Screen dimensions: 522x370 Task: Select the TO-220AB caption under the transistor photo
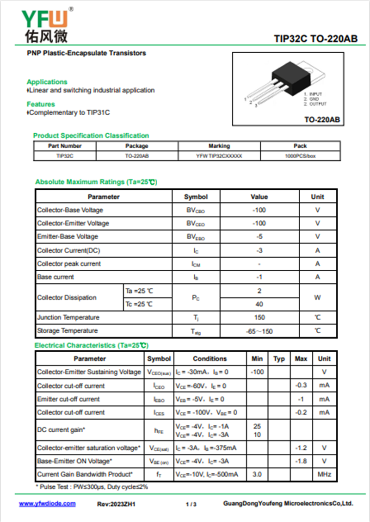point(322,120)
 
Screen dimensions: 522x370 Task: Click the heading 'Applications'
point(47,82)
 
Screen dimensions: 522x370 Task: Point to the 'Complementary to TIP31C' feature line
point(69,112)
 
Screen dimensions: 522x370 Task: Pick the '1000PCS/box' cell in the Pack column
point(300,156)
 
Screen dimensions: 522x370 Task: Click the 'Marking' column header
point(219,146)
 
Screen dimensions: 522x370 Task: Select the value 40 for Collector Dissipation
point(259,304)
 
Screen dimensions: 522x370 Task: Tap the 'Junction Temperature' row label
point(68,317)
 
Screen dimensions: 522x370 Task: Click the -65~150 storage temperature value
point(259,331)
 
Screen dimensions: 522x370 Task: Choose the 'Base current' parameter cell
point(55,277)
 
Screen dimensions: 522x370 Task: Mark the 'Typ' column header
point(279,359)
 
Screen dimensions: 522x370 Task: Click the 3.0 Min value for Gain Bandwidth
point(257,474)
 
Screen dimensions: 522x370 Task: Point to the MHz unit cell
point(324,474)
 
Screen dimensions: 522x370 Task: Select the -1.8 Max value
point(301,461)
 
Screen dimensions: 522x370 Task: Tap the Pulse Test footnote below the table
point(92,487)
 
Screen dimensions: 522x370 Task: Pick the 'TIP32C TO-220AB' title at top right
point(315,39)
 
